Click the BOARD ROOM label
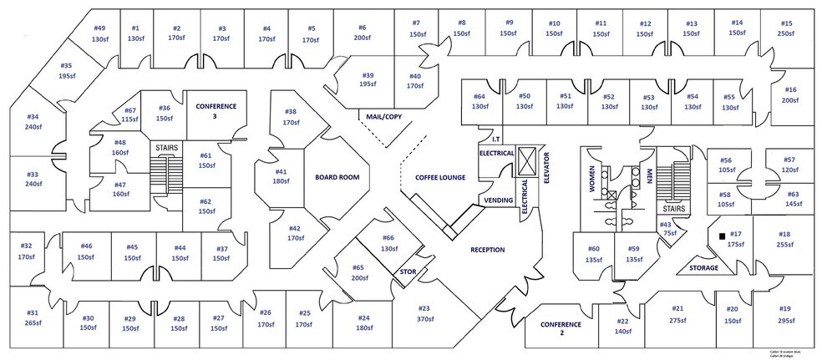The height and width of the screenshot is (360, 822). (337, 177)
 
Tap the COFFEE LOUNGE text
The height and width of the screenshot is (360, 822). (439, 177)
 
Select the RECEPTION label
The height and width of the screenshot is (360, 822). (488, 250)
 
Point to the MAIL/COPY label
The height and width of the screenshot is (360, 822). (384, 117)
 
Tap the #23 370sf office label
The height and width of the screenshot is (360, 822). (424, 314)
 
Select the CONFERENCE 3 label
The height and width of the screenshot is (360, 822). (216, 111)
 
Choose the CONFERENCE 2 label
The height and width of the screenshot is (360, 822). (558, 328)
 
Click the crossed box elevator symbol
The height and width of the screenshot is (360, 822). (526, 158)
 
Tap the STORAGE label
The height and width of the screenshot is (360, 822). (703, 268)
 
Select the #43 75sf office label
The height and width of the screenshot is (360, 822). (665, 229)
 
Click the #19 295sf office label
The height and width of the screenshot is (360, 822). (784, 314)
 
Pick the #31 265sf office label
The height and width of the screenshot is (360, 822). (33, 317)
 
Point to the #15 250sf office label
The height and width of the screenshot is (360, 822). (787, 28)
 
